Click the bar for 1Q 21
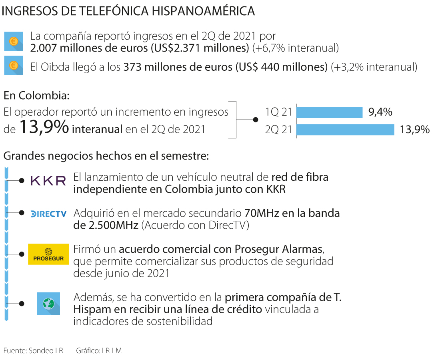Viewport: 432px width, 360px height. point(329,112)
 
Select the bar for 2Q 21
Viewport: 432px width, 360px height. point(345,130)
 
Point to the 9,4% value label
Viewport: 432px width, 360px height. point(380,112)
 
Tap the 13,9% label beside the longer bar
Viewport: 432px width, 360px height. point(414,130)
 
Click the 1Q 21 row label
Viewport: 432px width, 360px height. point(278,112)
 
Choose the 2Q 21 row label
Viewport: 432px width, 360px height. point(278,130)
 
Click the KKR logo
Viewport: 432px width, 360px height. point(48,181)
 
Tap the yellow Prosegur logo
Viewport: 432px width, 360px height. point(48,254)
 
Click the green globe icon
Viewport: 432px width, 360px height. point(48,304)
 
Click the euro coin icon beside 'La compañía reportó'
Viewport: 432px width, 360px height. point(14,41)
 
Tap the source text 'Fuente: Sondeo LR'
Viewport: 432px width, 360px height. point(33,351)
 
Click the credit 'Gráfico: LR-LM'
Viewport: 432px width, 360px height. point(99,351)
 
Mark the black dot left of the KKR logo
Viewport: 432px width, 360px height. point(22,181)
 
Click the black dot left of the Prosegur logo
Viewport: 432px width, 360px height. point(22,254)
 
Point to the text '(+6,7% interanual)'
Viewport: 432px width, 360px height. point(296,48)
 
